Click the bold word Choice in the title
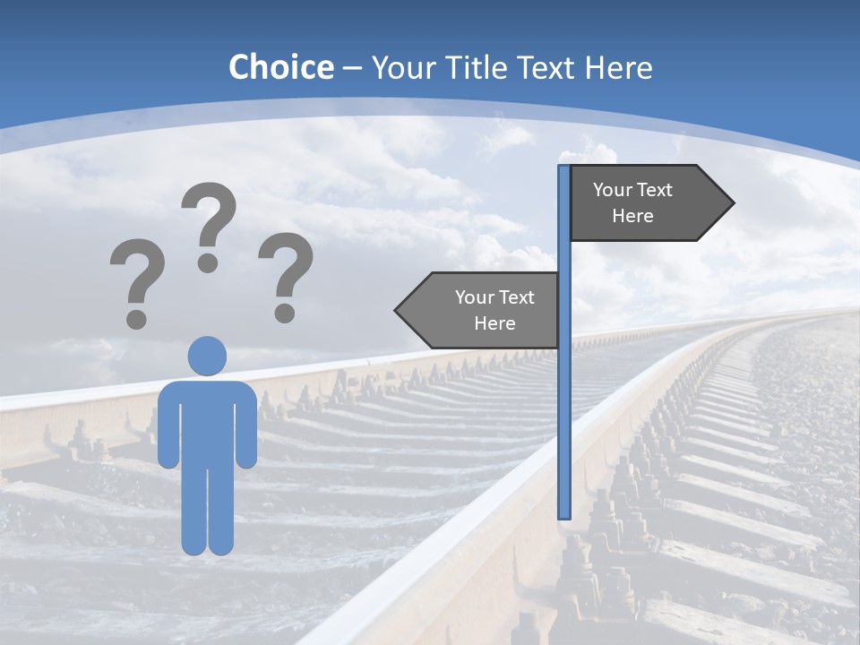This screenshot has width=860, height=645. [x=280, y=67]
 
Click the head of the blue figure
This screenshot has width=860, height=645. [x=207, y=356]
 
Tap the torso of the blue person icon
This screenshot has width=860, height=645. [x=207, y=421]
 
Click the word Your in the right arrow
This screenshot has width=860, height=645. [x=612, y=190]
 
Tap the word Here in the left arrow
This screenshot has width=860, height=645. [x=494, y=323]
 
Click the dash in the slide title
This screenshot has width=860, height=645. [x=352, y=68]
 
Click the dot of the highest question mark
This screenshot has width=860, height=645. [x=208, y=262]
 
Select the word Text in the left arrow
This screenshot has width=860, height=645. [x=516, y=297]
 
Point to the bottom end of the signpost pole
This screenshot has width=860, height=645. [x=564, y=515]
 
